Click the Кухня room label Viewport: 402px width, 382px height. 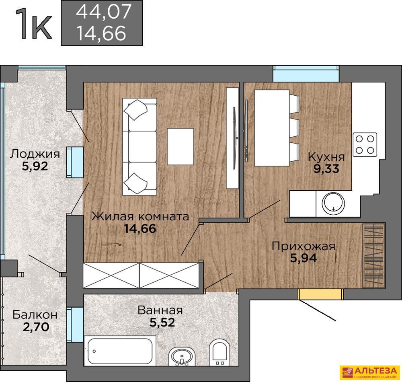[326, 157]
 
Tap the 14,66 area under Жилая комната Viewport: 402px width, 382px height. [140, 228]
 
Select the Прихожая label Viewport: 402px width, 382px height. [304, 246]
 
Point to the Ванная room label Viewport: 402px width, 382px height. [160, 310]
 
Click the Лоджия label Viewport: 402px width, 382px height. [35, 154]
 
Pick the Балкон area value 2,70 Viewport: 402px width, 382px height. [36, 327]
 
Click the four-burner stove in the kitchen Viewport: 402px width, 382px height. [365, 145]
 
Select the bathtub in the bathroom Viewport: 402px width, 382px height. [120, 351]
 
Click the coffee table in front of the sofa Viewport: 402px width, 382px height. [180, 146]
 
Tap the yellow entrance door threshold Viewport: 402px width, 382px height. [320, 294]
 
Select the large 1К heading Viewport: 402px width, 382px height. [34, 24]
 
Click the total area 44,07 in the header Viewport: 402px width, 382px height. [104, 12]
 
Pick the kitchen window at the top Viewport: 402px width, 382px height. [306, 74]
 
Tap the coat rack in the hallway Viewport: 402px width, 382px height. [374, 255]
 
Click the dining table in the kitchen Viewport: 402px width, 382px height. [272, 128]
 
